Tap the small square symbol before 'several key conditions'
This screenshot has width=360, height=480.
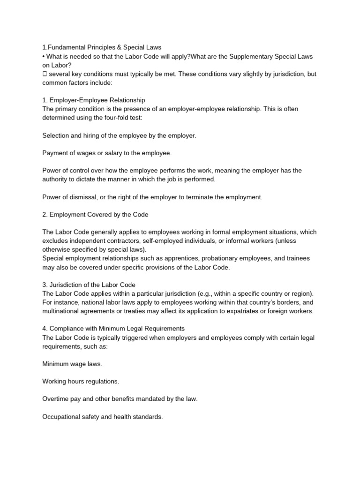click(45, 74)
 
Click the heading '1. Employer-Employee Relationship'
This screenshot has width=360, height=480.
click(94, 100)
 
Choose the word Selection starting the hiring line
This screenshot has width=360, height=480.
click(56, 135)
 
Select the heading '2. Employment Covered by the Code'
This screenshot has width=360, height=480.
click(95, 214)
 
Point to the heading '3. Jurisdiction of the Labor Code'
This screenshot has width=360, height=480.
click(95, 285)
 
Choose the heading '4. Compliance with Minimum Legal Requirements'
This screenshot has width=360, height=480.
click(113, 329)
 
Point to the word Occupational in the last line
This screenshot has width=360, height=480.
click(62, 417)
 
